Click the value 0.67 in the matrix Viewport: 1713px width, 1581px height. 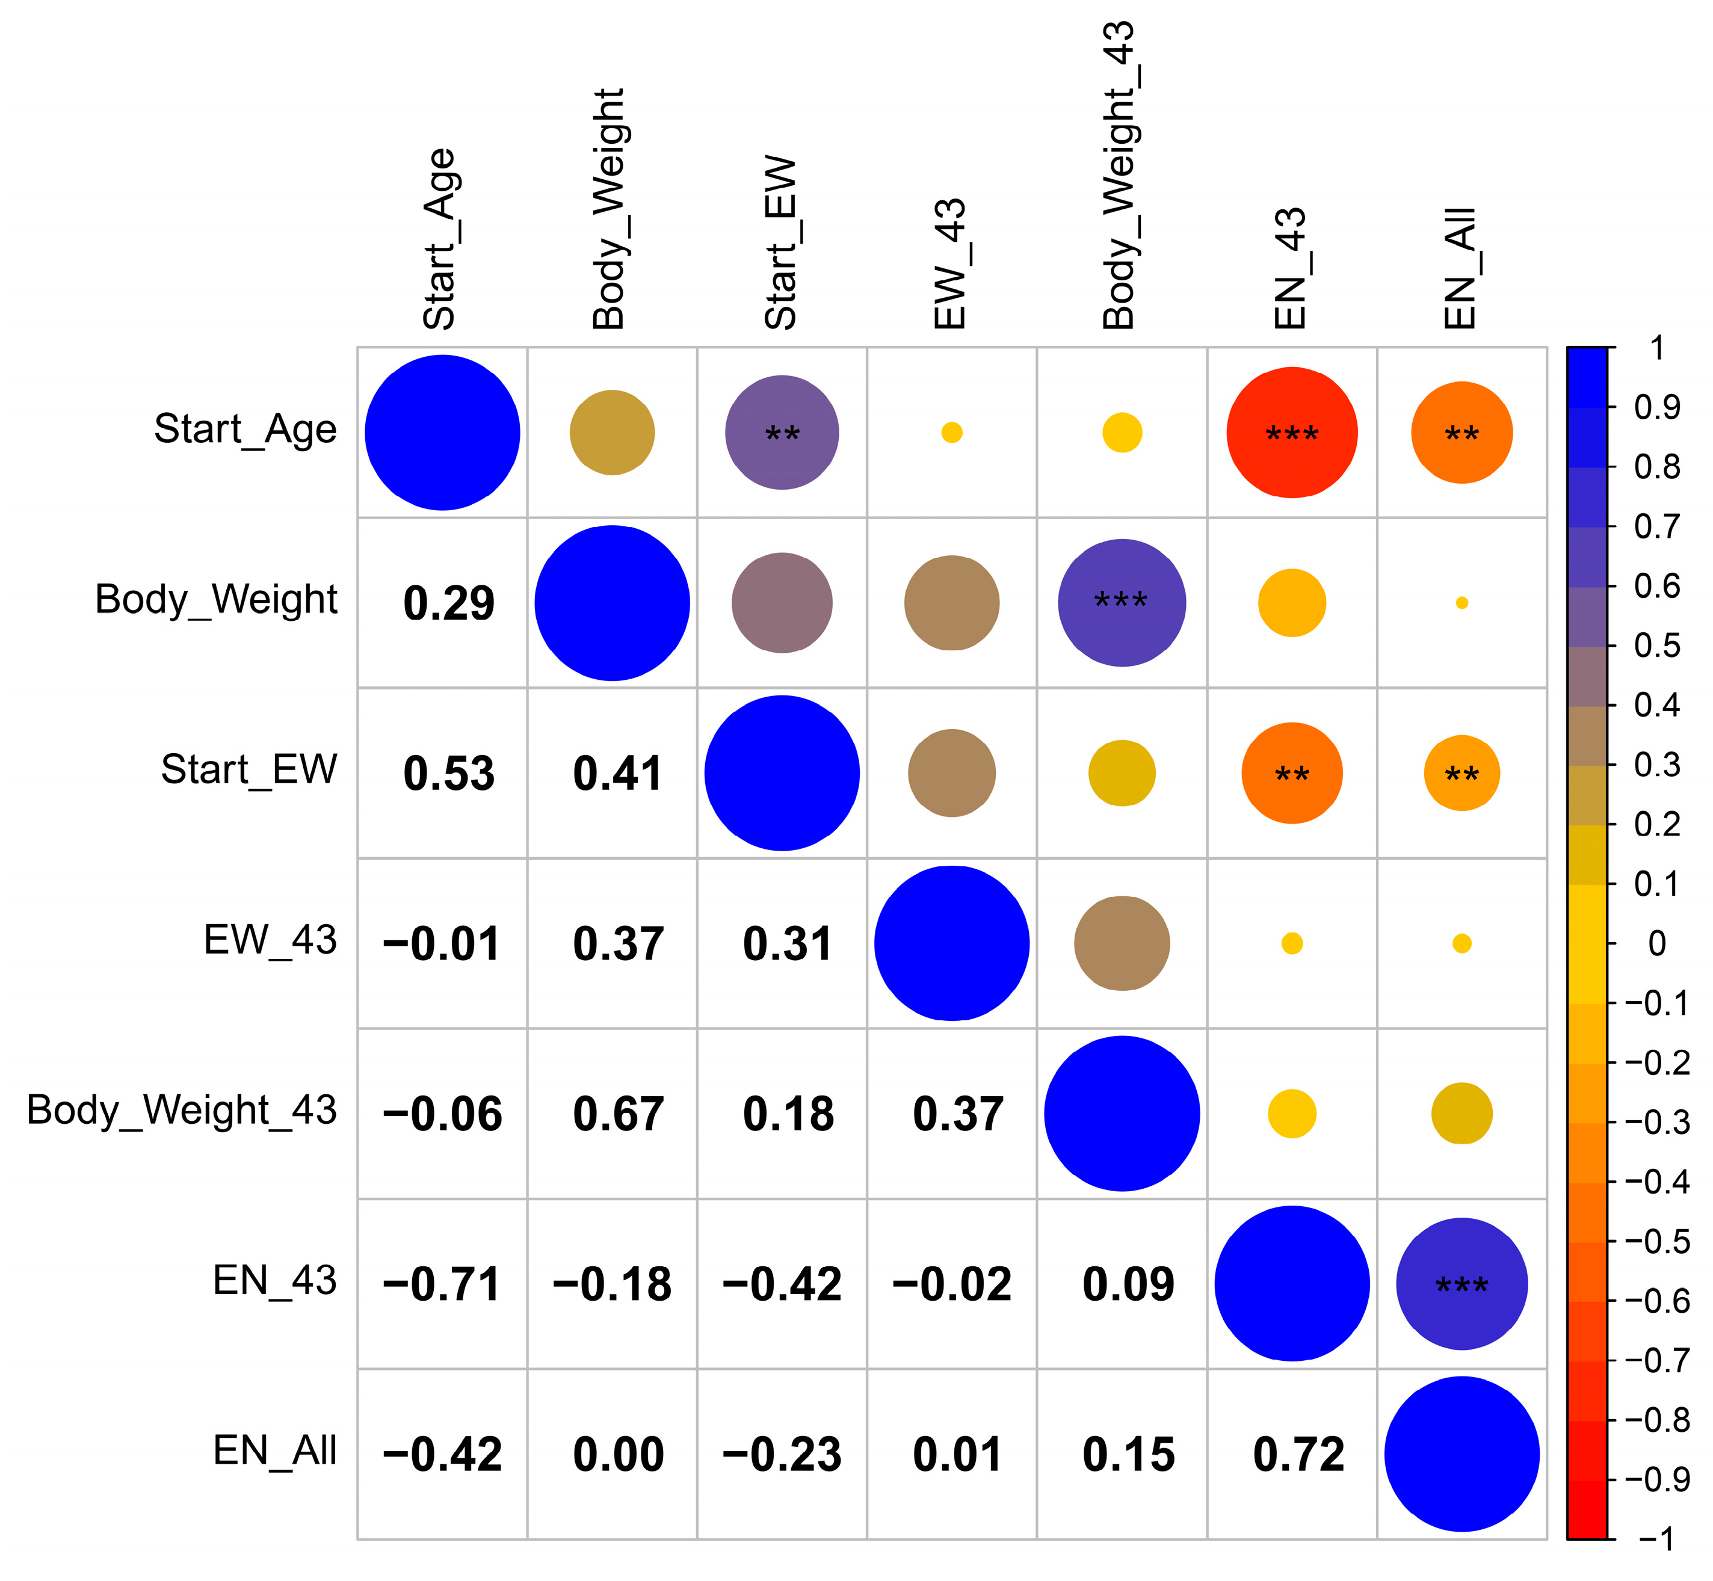(x=618, y=1115)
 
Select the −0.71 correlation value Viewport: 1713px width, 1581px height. (x=442, y=1285)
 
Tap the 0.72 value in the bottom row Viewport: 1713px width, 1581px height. (x=1298, y=1455)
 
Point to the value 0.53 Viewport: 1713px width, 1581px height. (x=448, y=774)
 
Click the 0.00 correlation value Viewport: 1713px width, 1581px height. (x=618, y=1455)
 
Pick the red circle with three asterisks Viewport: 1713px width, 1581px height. (x=1291, y=433)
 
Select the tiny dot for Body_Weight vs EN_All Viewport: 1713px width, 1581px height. (x=1461, y=603)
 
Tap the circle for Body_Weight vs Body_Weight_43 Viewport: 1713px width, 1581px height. (x=1121, y=603)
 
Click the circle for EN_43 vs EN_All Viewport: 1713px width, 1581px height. (x=1461, y=1284)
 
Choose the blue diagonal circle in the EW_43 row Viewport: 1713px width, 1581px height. (x=951, y=944)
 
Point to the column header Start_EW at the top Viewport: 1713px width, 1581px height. (x=780, y=243)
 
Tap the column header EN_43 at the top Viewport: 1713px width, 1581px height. (x=1290, y=268)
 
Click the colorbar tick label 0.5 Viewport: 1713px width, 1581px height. (x=1656, y=646)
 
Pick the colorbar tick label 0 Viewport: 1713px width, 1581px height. (x=1656, y=944)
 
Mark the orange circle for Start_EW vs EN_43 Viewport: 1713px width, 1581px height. (x=1291, y=774)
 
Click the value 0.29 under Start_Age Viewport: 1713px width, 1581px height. (x=448, y=603)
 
